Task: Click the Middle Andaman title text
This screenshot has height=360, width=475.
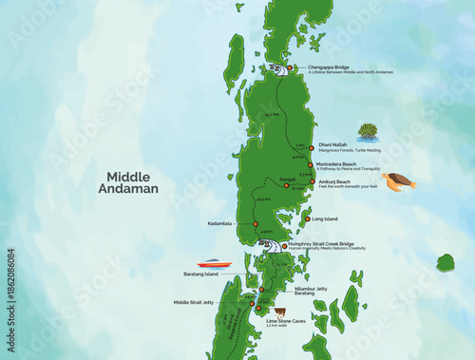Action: coord(134,182)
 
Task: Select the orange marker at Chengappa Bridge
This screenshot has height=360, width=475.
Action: coord(285,67)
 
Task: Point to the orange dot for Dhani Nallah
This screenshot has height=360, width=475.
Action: coord(311,147)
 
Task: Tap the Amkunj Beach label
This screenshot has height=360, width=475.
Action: coord(334,181)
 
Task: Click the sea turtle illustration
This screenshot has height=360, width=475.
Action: coord(399,180)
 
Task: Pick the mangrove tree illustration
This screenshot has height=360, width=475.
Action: coord(367,132)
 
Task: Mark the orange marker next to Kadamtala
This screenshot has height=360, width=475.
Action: coord(256,224)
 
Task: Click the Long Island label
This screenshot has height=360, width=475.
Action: coord(325,219)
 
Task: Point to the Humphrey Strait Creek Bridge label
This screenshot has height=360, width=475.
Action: coord(322,243)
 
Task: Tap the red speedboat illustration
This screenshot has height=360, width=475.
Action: coord(214,263)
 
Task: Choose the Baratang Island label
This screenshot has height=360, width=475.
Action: coord(200,274)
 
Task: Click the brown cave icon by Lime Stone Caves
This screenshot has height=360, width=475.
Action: coord(279,311)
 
